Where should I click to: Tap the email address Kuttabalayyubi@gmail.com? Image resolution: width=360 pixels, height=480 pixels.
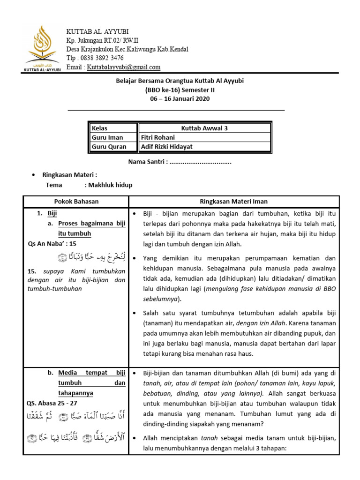click(x=124, y=67)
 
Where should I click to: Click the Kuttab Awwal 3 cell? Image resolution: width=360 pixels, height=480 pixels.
click(x=204, y=128)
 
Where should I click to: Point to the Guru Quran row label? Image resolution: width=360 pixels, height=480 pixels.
click(x=109, y=147)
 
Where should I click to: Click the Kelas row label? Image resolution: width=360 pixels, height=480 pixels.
click(x=99, y=128)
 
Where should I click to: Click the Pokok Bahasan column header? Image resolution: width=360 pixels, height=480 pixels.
click(x=76, y=202)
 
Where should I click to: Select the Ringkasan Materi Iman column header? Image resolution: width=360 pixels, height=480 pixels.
click(x=233, y=202)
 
